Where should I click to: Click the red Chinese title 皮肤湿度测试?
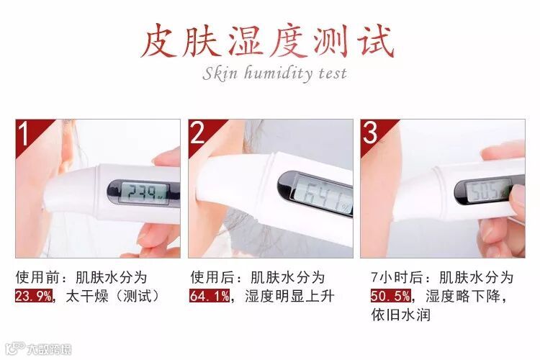tap(268, 41)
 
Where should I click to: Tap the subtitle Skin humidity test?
tap(274, 73)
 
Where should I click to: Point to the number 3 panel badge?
tap(371, 132)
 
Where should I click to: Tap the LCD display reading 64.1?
tap(323, 197)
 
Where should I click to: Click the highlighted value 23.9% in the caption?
tap(33, 296)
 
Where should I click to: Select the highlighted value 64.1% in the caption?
tap(210, 296)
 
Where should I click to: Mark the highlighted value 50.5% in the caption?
tap(391, 296)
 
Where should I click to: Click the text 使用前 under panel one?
tap(37, 277)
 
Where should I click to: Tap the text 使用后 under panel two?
tap(212, 277)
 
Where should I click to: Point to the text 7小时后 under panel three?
tap(397, 277)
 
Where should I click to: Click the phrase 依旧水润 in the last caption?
tap(401, 315)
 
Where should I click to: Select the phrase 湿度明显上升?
tap(289, 296)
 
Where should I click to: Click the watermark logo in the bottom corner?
tap(39, 348)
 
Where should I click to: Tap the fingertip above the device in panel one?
tap(167, 157)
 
